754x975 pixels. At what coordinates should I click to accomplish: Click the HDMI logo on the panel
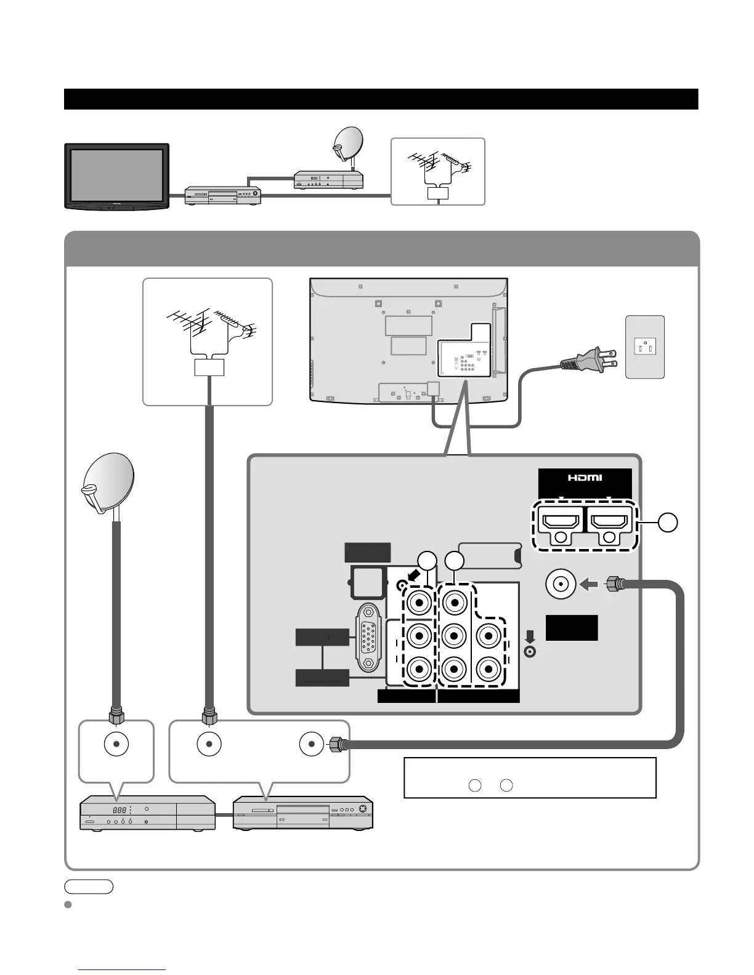point(585,478)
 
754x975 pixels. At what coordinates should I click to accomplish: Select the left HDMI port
point(559,523)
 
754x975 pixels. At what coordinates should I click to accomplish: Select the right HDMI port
point(609,523)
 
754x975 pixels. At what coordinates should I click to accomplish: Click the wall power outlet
point(645,347)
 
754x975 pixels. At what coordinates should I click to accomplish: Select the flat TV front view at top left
point(116,177)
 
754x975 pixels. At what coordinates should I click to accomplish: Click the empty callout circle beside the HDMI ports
point(667,523)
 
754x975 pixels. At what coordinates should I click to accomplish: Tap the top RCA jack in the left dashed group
point(419,603)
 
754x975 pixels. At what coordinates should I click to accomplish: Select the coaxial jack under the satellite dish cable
point(116,744)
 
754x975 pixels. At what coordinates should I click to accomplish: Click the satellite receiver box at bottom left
point(148,813)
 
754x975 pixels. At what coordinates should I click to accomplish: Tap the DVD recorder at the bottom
point(302,813)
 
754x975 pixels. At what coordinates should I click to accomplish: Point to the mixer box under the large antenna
point(208,367)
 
